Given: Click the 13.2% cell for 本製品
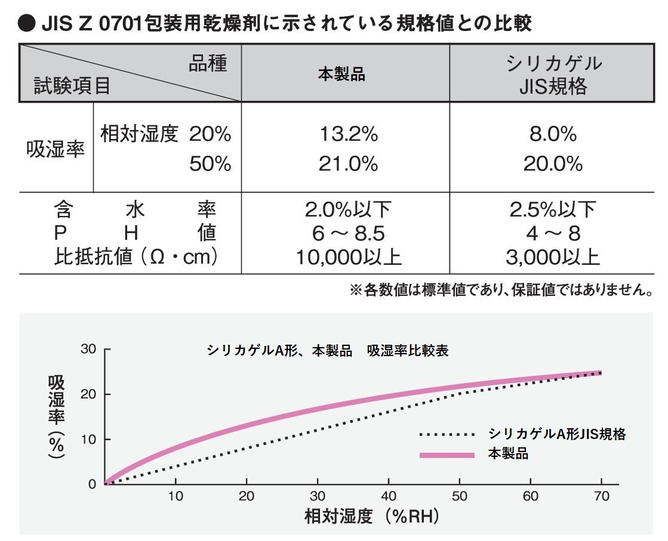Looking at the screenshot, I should [x=341, y=135].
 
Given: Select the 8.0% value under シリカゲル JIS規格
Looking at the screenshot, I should [x=553, y=135].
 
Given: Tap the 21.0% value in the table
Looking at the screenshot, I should [x=341, y=163].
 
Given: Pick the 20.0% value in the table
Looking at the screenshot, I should [x=553, y=163].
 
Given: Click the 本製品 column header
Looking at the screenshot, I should [x=341, y=75].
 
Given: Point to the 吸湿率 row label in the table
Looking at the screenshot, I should [x=56, y=149].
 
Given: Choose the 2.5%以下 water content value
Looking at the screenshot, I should [x=553, y=209].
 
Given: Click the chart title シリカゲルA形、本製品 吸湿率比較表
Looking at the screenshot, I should [x=328, y=351].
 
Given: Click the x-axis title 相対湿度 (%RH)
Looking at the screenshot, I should [x=372, y=516].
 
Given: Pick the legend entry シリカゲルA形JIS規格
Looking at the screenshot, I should [x=557, y=434].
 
